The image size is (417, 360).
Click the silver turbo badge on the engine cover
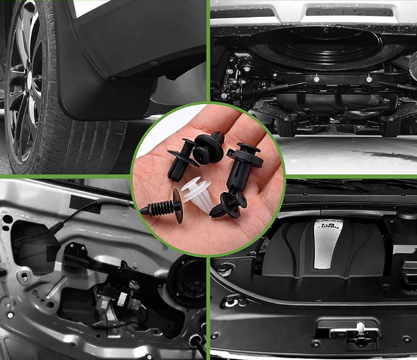[x=326, y=242]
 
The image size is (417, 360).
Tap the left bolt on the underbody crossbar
[x=315, y=78]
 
